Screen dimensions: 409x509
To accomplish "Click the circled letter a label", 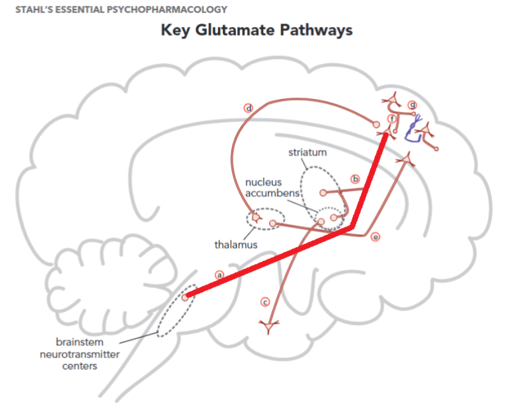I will [x=219, y=274].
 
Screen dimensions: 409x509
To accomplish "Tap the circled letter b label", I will [x=355, y=178].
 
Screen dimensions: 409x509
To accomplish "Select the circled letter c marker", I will [x=265, y=302].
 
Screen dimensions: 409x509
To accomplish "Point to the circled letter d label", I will [x=249, y=108].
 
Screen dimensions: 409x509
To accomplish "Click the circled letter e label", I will [x=375, y=237].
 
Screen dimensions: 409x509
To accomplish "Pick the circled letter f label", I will [x=391, y=119].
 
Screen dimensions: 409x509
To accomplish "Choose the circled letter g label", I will [x=413, y=104].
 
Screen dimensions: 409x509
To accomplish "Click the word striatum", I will [x=307, y=152].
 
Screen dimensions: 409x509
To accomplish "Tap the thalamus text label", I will [x=236, y=244].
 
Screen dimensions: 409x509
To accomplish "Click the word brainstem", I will [x=80, y=342].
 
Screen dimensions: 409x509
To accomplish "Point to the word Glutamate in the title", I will [x=239, y=30].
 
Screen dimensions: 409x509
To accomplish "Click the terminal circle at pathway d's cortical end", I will [x=375, y=125].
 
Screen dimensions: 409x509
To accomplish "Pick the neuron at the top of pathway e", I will [x=406, y=159].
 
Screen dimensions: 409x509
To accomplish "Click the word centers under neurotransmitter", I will [x=80, y=365].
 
